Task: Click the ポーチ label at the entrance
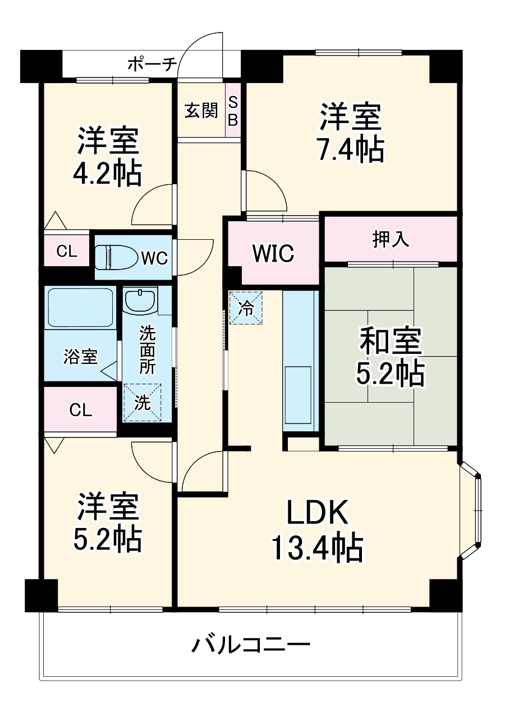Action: point(152,64)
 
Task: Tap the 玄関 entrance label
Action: point(201,111)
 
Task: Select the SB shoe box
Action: point(233,111)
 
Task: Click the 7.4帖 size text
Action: point(352,149)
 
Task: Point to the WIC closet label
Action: point(273,253)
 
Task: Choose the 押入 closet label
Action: point(391,239)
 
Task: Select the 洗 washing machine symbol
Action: point(142,402)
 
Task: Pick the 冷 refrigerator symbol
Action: point(246,307)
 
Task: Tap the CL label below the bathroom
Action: point(80,411)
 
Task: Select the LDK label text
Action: point(318,512)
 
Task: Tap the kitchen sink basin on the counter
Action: point(298,395)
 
